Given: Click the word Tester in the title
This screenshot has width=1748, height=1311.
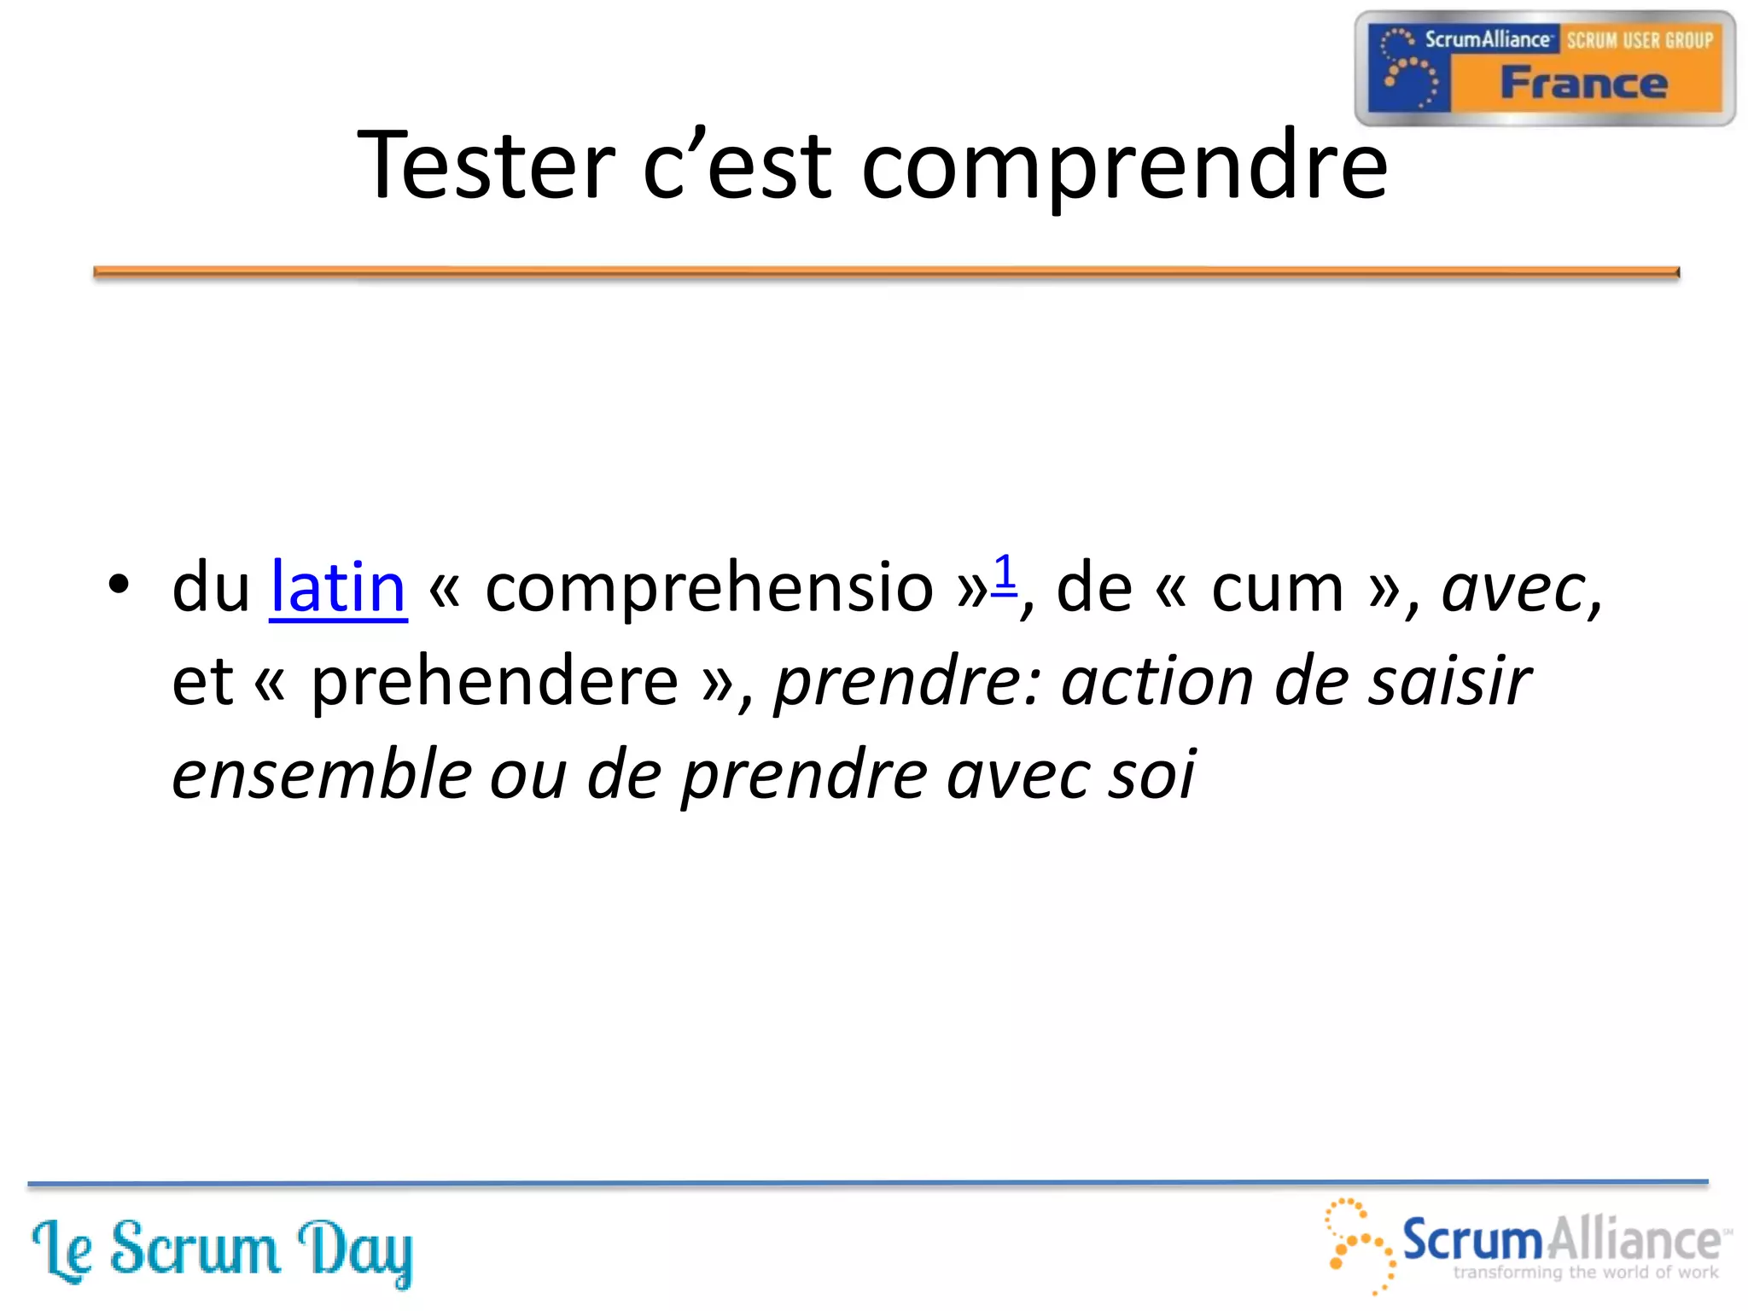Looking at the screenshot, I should coord(486,165).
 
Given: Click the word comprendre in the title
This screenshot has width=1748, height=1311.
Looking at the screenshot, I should coord(1124,166).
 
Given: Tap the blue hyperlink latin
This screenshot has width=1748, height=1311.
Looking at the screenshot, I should coord(338,587).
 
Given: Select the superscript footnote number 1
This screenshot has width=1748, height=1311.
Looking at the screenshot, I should coord(1005,573).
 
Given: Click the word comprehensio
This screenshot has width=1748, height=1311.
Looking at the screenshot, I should coord(708,589).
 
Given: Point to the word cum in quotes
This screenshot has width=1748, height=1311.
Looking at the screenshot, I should coord(1278,589).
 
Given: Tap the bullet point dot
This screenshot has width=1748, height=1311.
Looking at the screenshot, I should coord(119,586).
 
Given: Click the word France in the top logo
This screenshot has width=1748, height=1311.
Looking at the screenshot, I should coord(1583,84).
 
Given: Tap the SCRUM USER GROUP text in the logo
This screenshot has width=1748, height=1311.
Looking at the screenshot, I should coord(1639,40).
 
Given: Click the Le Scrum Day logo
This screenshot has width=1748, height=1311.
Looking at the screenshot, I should coord(222,1250).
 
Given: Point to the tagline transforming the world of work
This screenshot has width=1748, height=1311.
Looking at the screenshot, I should coord(1585,1273).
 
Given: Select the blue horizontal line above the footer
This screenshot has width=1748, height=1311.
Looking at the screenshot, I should coord(867,1183).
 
